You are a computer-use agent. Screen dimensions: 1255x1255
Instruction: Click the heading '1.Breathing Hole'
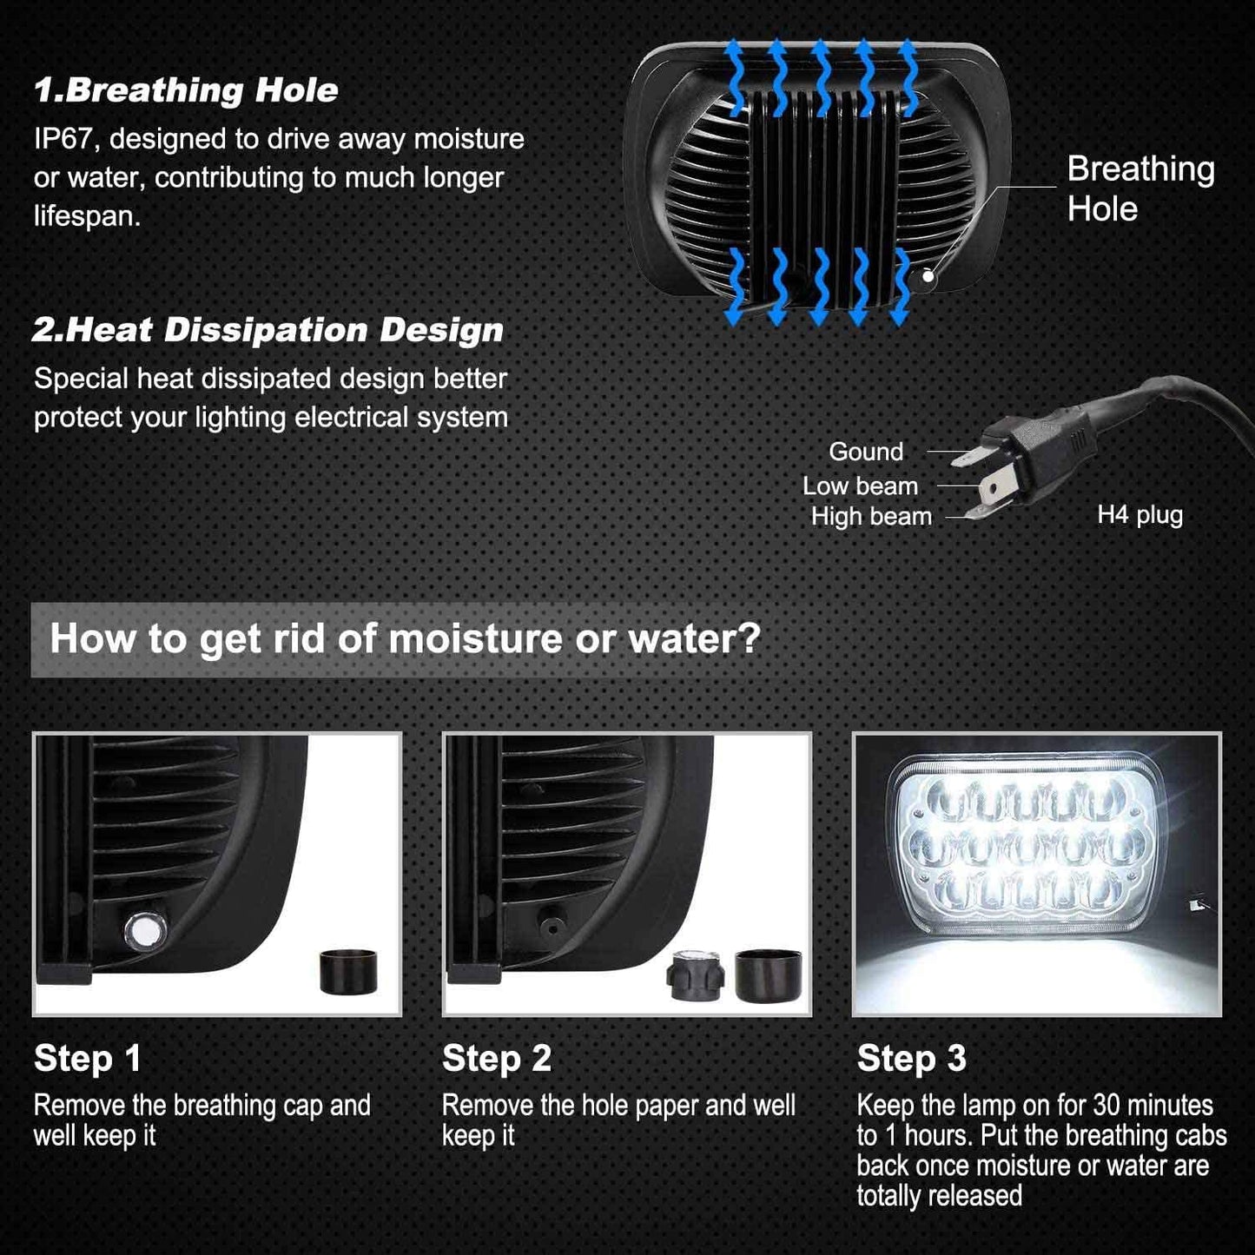pos(186,90)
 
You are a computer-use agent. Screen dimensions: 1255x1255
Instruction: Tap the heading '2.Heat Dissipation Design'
pos(268,330)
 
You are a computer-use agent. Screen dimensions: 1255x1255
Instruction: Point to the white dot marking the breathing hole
pos(928,276)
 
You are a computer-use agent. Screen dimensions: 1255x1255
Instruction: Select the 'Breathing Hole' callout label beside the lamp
pos(1140,188)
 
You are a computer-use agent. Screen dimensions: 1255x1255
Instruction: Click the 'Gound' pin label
pos(866,452)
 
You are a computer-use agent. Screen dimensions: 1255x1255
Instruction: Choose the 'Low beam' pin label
pos(860,485)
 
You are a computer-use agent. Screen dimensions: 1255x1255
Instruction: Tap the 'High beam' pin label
pos(871,517)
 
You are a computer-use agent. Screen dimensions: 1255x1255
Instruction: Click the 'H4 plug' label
pos(1139,514)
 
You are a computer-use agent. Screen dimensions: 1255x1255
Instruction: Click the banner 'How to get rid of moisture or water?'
pos(405,638)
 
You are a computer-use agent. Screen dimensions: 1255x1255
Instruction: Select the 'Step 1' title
pos(87,1058)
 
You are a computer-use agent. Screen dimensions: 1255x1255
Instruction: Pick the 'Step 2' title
pos(496,1058)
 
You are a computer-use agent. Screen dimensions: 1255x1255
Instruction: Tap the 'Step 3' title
pos(911,1058)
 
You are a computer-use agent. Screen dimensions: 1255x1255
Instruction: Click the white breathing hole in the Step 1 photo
pos(144,929)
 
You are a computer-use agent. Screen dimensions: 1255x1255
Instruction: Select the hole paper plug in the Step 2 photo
pos(696,975)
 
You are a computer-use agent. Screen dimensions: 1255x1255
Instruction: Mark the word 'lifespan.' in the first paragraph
pos(87,216)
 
